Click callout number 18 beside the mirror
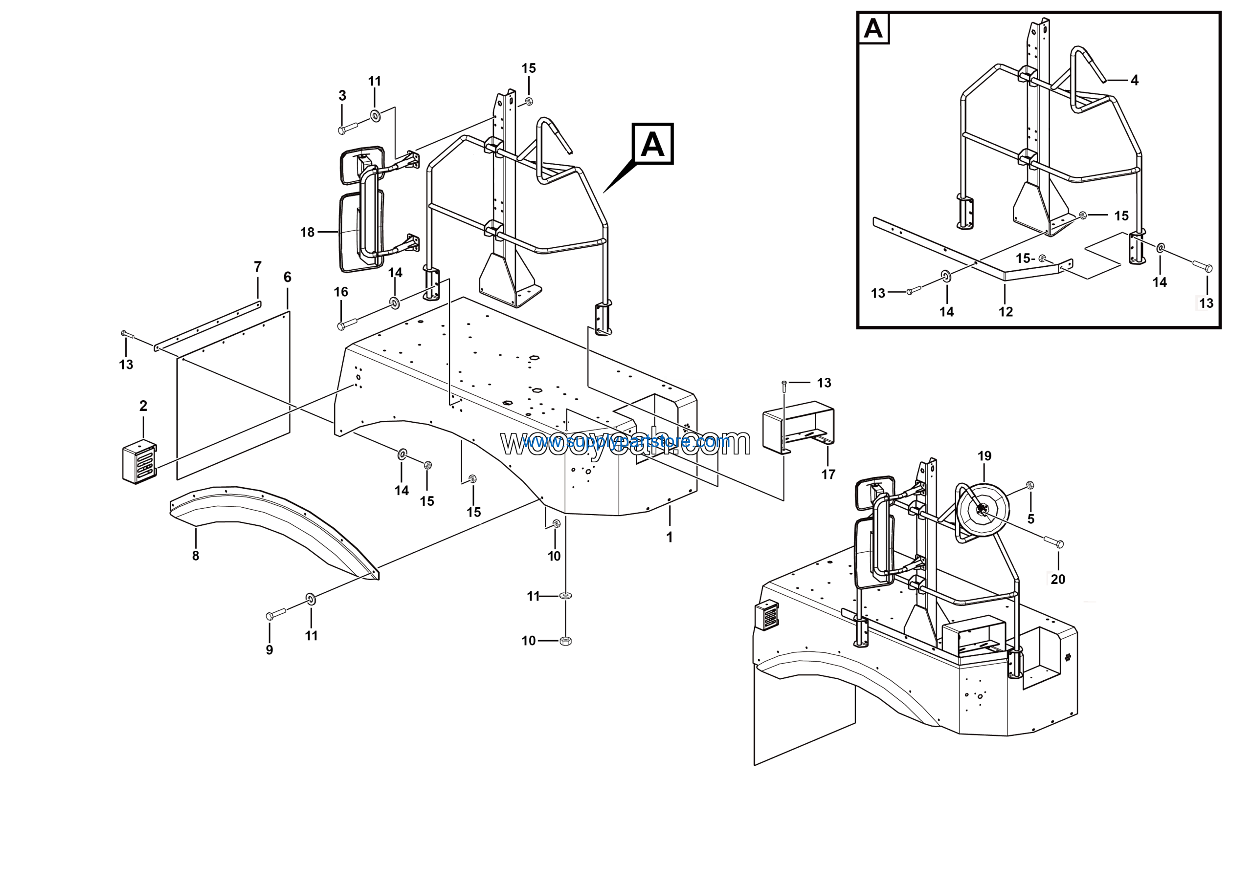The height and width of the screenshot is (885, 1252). point(307,232)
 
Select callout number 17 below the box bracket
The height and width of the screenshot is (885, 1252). point(828,475)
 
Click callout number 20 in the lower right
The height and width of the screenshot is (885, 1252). point(1057,579)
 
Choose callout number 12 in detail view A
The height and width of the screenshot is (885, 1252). point(1006,312)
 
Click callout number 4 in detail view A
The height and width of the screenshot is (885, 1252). point(1134,81)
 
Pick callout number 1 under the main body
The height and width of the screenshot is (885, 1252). point(669,538)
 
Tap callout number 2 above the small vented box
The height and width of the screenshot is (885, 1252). point(143,406)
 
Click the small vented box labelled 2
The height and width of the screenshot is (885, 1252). point(139,463)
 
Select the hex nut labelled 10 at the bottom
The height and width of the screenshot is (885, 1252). point(565,641)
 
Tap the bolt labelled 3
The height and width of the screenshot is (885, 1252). point(348,129)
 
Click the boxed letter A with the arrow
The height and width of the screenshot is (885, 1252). point(652,144)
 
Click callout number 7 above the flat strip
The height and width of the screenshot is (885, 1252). point(257,267)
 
